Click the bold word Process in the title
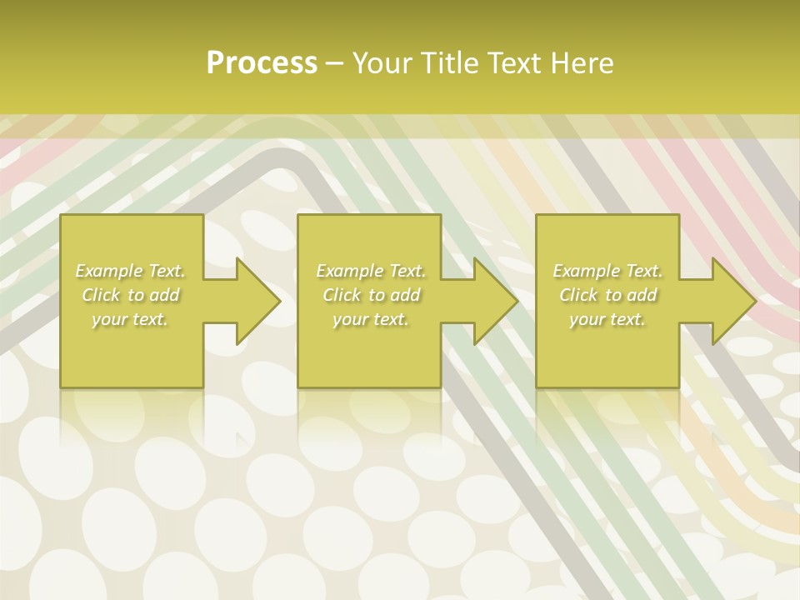pyautogui.click(x=262, y=63)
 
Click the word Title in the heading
pyautogui.click(x=449, y=63)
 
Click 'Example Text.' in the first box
pyautogui.click(x=130, y=271)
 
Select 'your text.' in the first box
pyautogui.click(x=130, y=319)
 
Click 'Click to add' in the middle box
pyautogui.click(x=371, y=295)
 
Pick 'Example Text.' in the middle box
pyautogui.click(x=371, y=271)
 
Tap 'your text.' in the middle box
pyautogui.click(x=371, y=319)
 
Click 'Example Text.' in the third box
pyautogui.click(x=607, y=271)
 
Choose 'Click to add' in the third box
pyautogui.click(x=607, y=295)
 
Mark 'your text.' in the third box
pyautogui.click(x=607, y=319)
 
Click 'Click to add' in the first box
pyautogui.click(x=130, y=295)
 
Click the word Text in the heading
pyautogui.click(x=511, y=63)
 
